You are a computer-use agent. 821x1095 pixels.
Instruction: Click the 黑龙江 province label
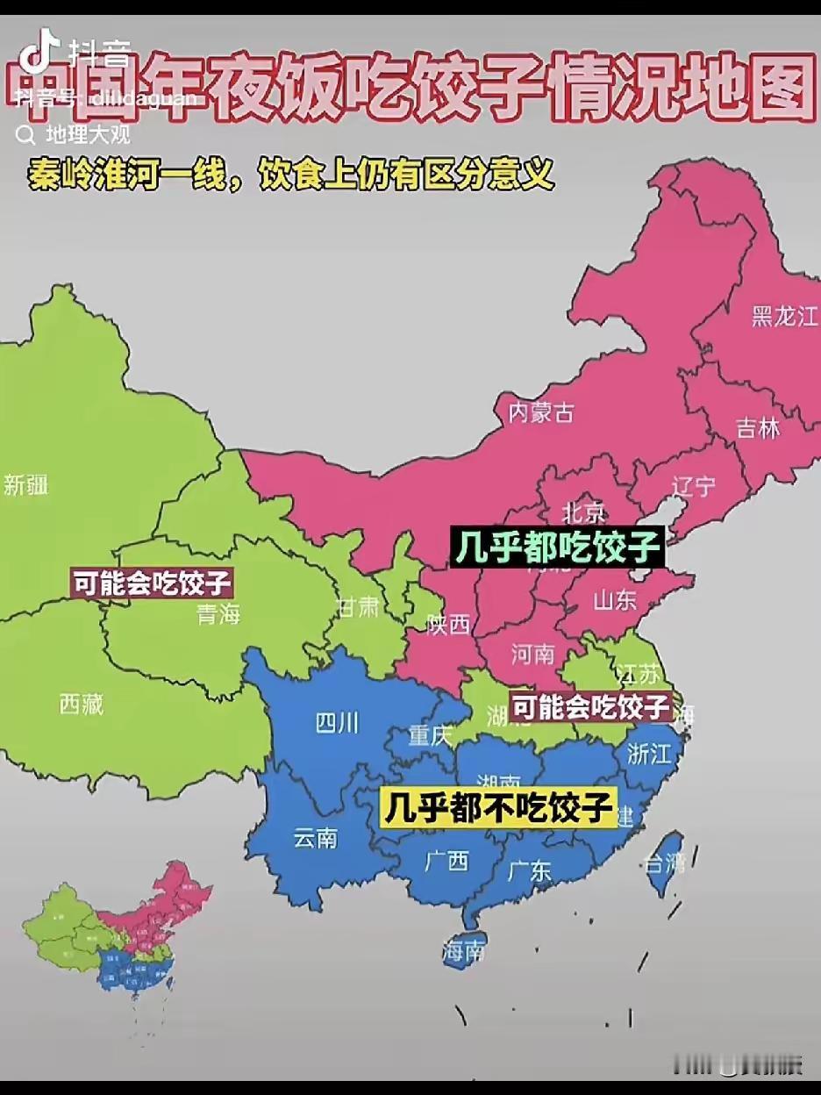(784, 317)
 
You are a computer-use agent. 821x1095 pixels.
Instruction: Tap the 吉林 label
(758, 428)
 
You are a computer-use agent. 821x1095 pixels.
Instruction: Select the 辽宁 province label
(693, 486)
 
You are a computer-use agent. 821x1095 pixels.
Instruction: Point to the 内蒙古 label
(541, 412)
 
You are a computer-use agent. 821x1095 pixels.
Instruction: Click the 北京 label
(583, 512)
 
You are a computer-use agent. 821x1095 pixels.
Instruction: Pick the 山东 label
(615, 601)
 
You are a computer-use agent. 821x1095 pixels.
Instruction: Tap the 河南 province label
(533, 654)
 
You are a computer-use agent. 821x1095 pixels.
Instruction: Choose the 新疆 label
(26, 484)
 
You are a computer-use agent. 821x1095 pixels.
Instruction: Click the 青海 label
(218, 614)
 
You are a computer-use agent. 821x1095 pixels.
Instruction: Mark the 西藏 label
(82, 703)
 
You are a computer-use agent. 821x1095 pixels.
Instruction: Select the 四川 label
(337, 723)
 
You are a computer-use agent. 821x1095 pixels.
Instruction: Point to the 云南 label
(315, 838)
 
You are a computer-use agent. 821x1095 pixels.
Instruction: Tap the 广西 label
(446, 861)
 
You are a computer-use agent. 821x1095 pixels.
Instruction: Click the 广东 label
(530, 870)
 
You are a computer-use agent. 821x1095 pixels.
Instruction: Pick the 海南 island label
(464, 950)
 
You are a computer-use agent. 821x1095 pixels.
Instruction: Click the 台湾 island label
(664, 862)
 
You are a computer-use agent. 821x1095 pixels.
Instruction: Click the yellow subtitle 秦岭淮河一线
(132, 175)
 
